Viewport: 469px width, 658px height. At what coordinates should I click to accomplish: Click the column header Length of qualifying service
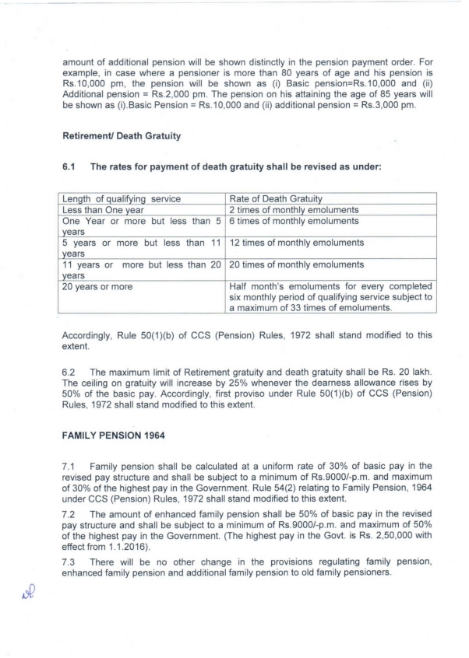click(122, 199)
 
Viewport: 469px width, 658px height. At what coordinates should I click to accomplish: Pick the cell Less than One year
click(98, 210)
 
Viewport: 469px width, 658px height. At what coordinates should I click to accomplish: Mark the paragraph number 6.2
click(69, 362)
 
